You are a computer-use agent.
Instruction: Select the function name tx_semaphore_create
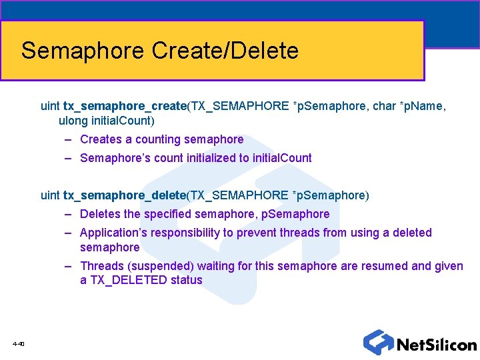click(x=124, y=107)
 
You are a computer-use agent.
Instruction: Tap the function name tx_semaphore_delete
click(x=124, y=195)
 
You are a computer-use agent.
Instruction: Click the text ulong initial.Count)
click(x=107, y=121)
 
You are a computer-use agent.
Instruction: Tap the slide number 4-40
click(x=18, y=344)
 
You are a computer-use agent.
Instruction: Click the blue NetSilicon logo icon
click(x=378, y=342)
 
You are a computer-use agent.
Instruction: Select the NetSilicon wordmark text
click(x=437, y=345)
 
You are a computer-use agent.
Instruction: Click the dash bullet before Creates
click(x=69, y=139)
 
